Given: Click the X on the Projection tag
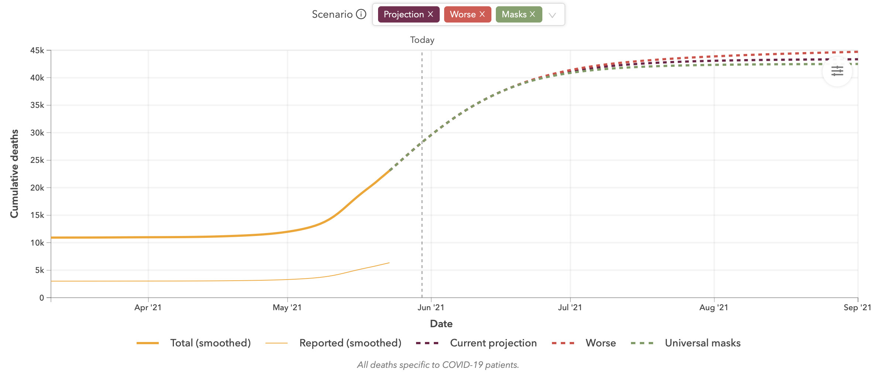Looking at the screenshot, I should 430,14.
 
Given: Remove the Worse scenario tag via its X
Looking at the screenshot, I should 482,14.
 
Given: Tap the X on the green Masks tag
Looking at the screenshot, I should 532,14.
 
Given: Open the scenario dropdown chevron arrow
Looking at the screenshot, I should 552,15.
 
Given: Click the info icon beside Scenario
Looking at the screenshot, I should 361,14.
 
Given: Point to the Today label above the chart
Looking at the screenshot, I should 422,40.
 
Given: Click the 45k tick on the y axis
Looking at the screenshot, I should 37,50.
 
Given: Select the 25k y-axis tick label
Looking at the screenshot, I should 37,160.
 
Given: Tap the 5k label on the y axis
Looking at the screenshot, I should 39,270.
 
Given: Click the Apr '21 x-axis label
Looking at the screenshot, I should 148,308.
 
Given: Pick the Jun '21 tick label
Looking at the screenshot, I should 431,308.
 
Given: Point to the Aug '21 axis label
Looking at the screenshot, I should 714,308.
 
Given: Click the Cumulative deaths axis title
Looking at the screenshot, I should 14,174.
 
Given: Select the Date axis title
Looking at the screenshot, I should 441,324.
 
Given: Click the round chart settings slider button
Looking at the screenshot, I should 837,71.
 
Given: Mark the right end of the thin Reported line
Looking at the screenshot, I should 389,263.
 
